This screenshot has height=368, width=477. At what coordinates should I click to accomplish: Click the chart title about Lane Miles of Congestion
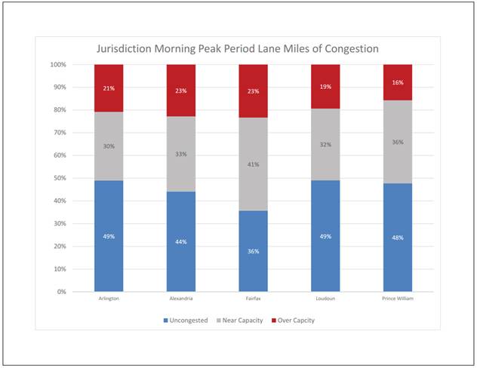point(238,49)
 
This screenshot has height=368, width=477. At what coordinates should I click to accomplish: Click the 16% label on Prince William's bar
point(398,82)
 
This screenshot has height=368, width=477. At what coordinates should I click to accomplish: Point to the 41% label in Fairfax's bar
point(254,164)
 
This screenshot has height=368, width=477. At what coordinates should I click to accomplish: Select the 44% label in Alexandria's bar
point(181,241)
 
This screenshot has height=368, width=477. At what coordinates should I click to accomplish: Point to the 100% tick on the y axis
point(59,65)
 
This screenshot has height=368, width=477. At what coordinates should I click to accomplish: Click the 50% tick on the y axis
point(60,178)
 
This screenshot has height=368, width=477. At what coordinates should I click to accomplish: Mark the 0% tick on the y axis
point(63,291)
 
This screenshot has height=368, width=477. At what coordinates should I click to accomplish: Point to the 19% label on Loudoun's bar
point(326,86)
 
